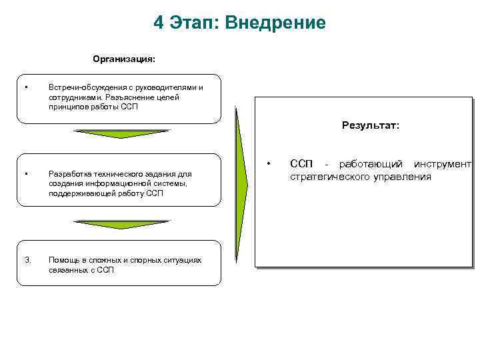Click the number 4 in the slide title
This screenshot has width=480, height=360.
tap(159, 23)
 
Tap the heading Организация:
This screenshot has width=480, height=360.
tap(124, 59)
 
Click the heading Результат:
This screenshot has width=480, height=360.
tap(371, 125)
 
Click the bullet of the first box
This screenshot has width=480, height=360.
tap(25, 87)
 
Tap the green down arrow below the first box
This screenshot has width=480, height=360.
tap(122, 134)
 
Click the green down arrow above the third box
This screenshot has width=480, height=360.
tap(122, 224)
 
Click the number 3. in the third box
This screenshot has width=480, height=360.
tap(27, 259)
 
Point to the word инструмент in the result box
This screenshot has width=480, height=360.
tap(442, 164)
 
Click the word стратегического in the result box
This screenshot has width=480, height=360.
tap(325, 177)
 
